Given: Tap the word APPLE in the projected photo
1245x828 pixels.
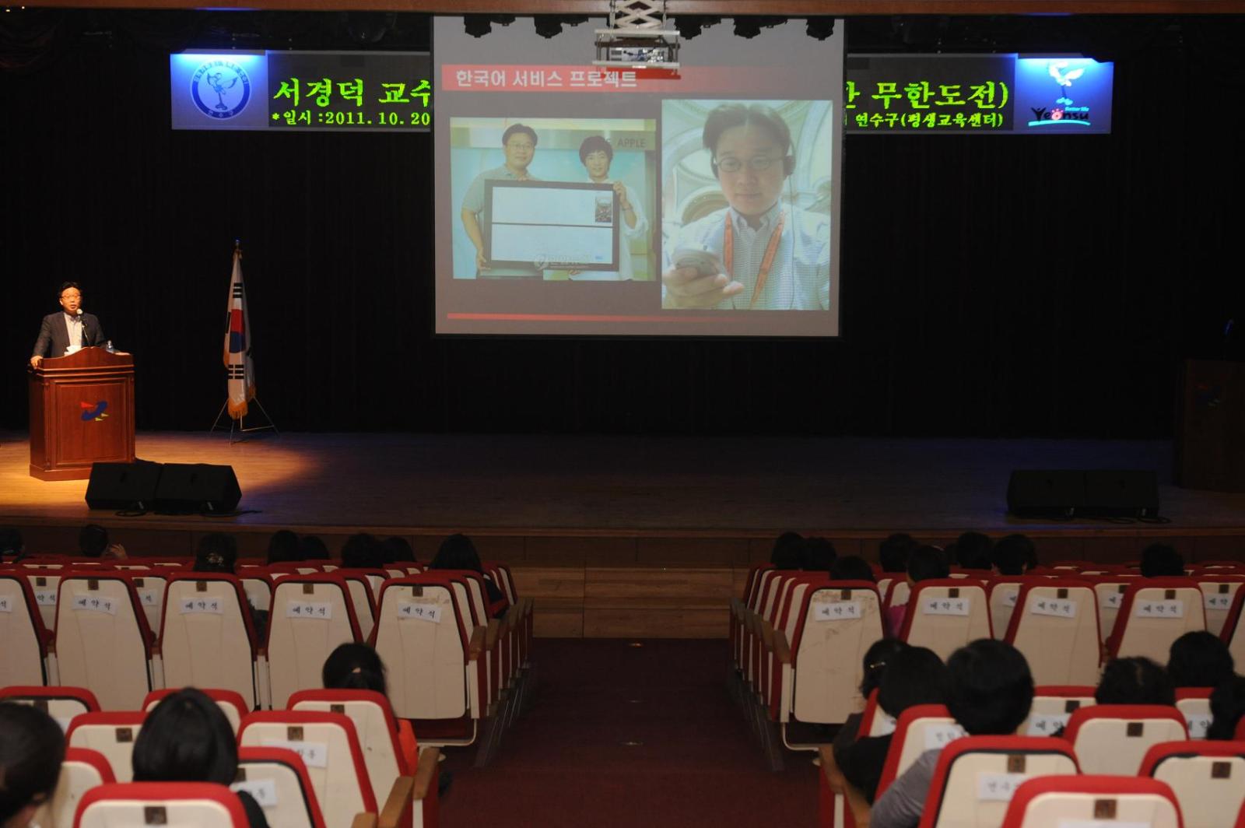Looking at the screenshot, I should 630,143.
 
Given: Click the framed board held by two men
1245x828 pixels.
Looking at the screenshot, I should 551,224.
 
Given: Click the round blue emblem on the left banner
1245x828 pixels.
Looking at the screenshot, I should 220,91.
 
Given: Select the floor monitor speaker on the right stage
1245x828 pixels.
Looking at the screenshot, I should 1082,493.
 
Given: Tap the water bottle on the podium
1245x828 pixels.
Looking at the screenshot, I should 110,346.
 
